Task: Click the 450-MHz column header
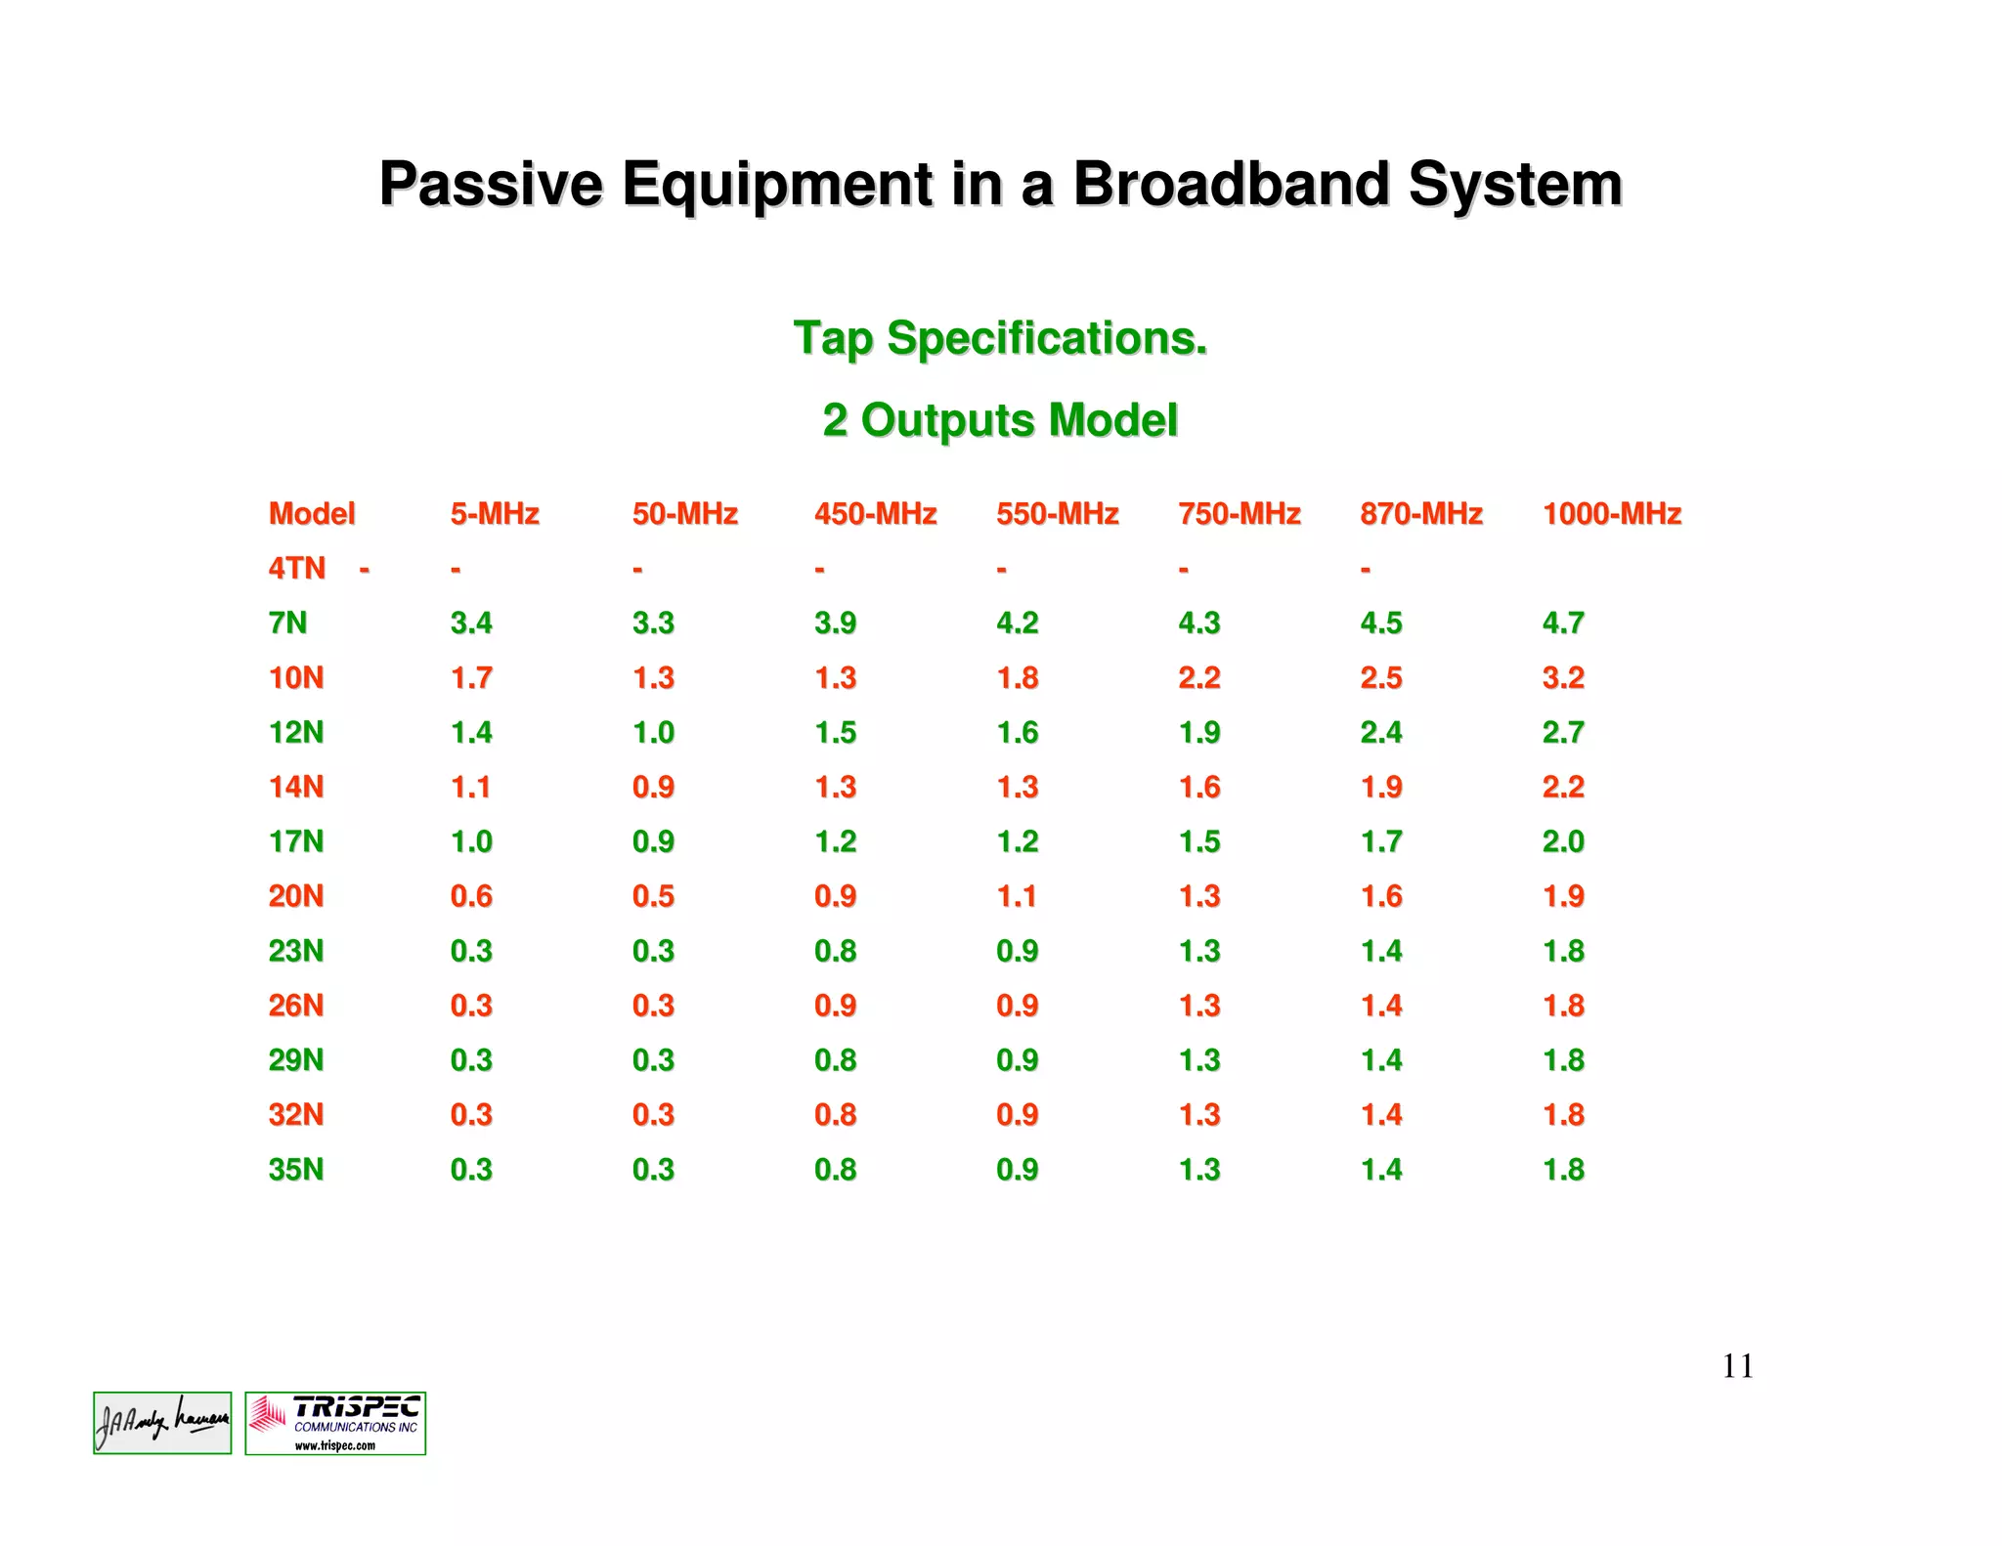point(875,514)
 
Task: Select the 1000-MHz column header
point(1611,514)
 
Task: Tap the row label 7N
point(287,623)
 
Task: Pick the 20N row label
point(295,896)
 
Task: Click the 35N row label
point(295,1170)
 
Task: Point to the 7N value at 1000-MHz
point(1562,623)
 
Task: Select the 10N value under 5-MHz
point(471,677)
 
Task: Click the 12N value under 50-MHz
point(653,732)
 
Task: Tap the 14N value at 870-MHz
point(1380,787)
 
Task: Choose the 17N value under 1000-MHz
point(1562,841)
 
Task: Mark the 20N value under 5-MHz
point(471,896)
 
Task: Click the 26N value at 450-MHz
point(835,1006)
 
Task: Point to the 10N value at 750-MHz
point(1198,677)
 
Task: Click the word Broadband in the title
point(1231,184)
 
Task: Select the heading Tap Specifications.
point(1000,338)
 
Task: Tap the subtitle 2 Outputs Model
point(1000,420)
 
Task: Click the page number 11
point(1737,1366)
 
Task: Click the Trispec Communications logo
point(335,1423)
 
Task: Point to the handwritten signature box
point(162,1423)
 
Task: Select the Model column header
point(312,514)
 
